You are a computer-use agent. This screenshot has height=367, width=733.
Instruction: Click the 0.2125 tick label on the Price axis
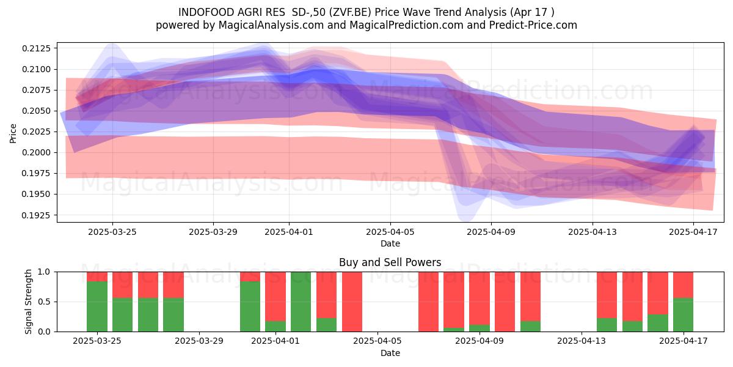point(36,48)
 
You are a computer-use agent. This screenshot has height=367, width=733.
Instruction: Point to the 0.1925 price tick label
point(36,215)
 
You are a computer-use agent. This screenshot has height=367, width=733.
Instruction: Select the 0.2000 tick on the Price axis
point(36,153)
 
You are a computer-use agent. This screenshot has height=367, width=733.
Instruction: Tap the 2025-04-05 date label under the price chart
point(390,232)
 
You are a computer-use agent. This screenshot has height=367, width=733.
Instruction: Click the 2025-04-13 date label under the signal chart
point(582,341)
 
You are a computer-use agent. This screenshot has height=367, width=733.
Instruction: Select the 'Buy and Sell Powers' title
point(390,262)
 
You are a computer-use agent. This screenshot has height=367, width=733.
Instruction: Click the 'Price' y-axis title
point(13,133)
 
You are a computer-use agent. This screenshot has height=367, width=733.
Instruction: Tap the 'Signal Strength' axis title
point(29,302)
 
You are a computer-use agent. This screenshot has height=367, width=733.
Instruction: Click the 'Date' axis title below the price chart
point(390,243)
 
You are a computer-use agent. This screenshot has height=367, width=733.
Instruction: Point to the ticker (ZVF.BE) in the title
point(350,12)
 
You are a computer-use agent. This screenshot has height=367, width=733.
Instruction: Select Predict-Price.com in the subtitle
point(533,25)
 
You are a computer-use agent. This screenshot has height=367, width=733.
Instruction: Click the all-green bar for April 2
point(301,302)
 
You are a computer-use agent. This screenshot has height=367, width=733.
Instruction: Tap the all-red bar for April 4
point(352,302)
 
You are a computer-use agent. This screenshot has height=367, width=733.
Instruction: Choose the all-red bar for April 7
point(428,302)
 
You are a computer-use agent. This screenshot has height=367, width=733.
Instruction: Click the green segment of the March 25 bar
point(97,306)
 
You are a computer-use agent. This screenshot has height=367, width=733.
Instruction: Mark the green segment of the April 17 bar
point(684,315)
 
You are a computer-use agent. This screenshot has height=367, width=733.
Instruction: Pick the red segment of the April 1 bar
point(275,297)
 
